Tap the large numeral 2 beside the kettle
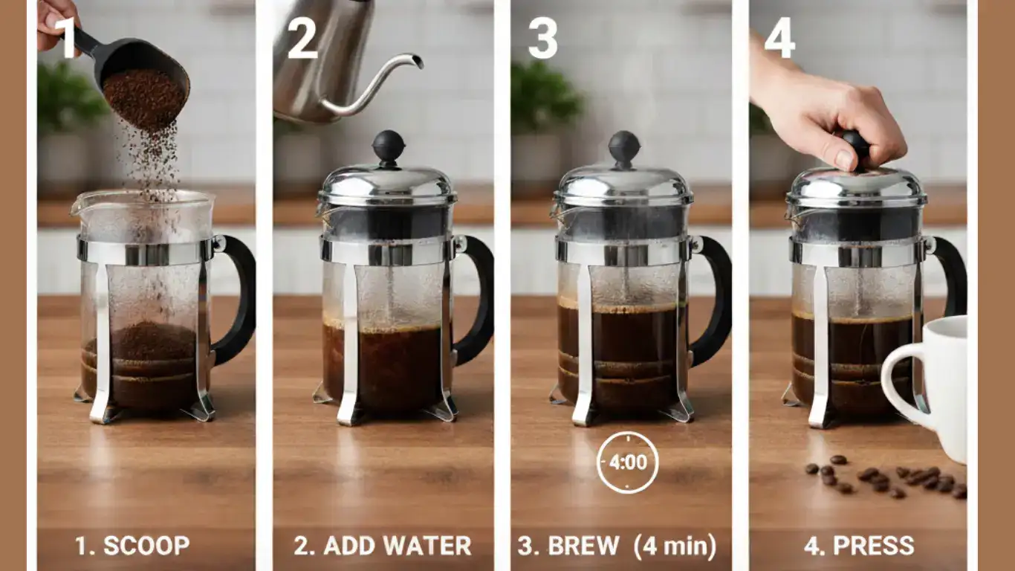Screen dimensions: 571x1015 (302, 38)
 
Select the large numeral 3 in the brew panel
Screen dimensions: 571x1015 (542, 38)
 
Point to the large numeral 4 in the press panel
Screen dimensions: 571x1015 (779, 38)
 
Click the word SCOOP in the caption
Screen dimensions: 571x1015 (146, 546)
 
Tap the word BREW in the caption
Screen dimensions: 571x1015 (583, 546)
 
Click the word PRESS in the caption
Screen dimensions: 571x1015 (874, 546)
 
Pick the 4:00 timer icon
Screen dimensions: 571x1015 (628, 462)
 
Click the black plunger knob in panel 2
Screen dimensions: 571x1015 (389, 146)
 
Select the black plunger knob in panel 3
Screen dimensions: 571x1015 (624, 146)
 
